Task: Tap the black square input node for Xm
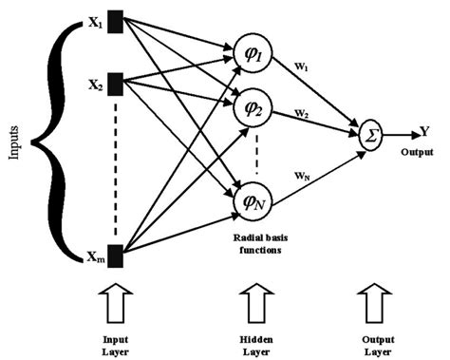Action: tap(115, 256)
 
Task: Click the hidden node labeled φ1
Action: tap(253, 59)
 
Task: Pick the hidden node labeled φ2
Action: tap(253, 108)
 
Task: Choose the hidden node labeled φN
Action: tap(253, 202)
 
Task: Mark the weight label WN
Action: tap(304, 176)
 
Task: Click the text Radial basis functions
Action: tap(253, 246)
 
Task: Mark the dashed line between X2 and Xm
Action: tap(115, 171)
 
